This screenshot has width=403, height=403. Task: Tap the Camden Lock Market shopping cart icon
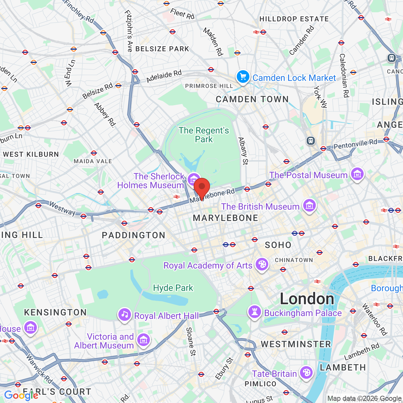point(243,77)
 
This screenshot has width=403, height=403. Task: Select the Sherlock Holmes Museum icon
point(194,179)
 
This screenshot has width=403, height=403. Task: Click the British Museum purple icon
point(309,205)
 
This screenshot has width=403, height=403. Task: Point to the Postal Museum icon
point(357,174)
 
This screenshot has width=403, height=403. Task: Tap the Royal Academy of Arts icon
point(262,264)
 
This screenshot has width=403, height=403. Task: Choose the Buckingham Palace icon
point(255,312)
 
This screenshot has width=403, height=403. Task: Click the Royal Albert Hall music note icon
point(125,315)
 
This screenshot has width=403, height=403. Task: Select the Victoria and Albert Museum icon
point(144,340)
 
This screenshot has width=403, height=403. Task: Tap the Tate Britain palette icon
point(306,373)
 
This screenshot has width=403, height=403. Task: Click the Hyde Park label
point(173,288)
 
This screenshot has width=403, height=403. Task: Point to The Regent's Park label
point(204,135)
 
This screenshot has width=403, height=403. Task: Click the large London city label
point(307,299)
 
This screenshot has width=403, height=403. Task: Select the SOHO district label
point(278,245)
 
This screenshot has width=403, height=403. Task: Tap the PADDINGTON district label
point(133,236)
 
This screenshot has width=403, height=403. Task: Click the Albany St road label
point(243,151)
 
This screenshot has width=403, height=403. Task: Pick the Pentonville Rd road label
point(355,144)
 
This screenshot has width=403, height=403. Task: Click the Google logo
point(21,395)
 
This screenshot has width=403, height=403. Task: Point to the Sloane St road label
point(191,342)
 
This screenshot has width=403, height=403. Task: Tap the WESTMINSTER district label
point(296,344)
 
